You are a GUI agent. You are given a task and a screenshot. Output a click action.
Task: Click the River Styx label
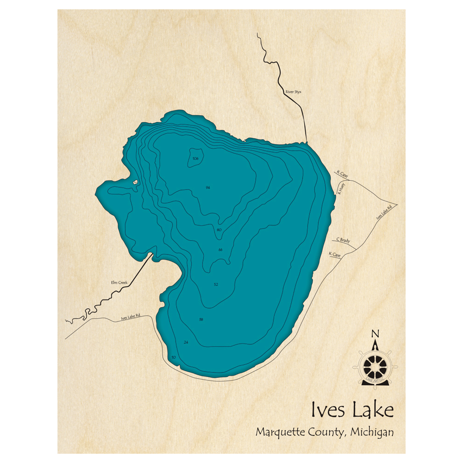tap(294, 92)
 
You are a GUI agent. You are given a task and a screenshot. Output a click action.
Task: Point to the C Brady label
tap(343, 240)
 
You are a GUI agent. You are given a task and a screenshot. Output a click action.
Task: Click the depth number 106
tap(195, 159)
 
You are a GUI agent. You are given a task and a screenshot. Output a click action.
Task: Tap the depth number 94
tap(208, 188)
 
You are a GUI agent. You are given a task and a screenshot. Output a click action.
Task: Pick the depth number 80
tap(219, 230)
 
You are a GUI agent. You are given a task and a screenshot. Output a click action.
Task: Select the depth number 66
tap(220, 250)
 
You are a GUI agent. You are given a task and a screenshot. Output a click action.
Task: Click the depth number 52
tap(216, 284)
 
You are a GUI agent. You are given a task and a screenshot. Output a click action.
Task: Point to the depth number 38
tap(200, 319)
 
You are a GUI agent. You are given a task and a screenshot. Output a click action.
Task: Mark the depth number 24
tap(186, 342)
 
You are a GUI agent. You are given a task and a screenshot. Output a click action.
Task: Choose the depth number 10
tap(174, 357)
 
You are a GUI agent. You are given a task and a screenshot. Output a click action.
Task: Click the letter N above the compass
tap(375, 333)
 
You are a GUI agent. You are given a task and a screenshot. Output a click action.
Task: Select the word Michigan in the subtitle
tap(372, 432)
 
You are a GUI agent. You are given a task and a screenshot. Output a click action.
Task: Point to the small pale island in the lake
tap(135, 182)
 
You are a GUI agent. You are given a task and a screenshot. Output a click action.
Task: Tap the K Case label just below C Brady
tap(334, 254)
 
